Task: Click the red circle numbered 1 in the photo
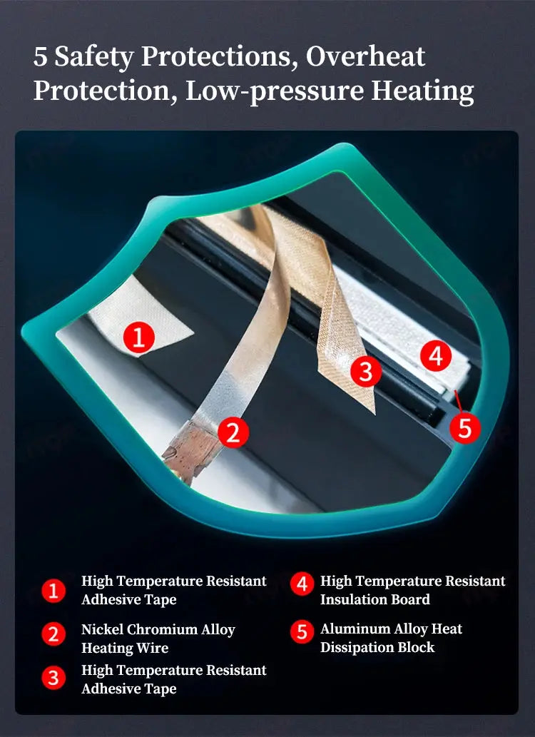tap(138, 337)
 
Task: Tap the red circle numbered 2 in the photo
tap(234, 432)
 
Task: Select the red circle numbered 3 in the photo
tap(366, 371)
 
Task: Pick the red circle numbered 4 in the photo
tap(436, 356)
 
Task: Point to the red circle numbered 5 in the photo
tap(465, 428)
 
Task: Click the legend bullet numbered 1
tap(53, 590)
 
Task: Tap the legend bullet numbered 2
tap(53, 634)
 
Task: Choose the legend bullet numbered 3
tap(53, 678)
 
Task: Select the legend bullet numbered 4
tap(302, 584)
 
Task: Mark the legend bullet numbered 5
tap(302, 632)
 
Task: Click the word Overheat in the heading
tap(366, 56)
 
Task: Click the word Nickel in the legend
tap(103, 629)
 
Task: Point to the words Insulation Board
tap(375, 599)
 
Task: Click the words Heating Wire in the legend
tap(125, 648)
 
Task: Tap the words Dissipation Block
tap(377, 647)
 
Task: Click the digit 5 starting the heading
tap(41, 57)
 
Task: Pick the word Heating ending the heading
tap(422, 91)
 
